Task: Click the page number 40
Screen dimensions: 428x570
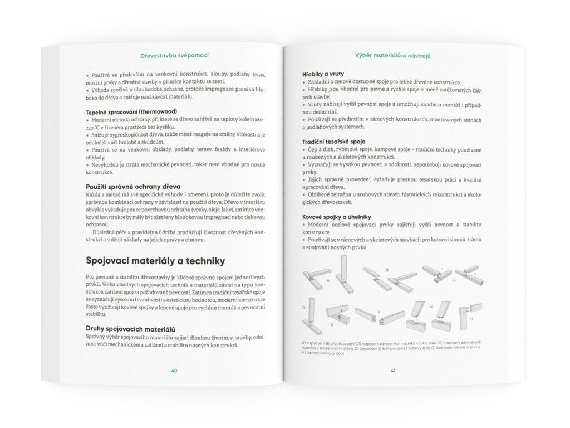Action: click(x=175, y=370)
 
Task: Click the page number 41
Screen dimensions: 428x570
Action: click(x=393, y=370)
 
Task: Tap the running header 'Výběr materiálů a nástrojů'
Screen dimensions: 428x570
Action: click(x=394, y=56)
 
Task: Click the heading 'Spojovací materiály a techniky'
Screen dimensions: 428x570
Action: click(x=155, y=260)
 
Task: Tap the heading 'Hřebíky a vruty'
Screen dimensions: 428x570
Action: click(x=323, y=74)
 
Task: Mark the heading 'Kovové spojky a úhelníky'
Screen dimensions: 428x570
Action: click(x=337, y=216)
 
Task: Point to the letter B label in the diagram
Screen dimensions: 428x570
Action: click(x=387, y=270)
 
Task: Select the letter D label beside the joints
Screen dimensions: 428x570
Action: click(x=304, y=307)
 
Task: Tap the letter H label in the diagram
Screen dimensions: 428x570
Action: click(x=471, y=319)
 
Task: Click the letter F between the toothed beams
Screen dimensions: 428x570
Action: click(x=379, y=312)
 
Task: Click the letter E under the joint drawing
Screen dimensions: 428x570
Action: click(x=332, y=323)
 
